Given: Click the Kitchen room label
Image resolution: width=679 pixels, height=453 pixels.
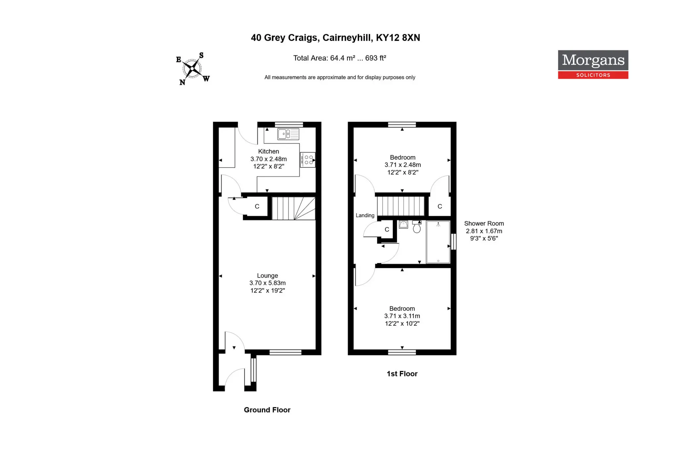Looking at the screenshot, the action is point(269,152).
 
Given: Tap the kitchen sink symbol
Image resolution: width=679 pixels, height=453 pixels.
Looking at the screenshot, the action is point(288,134).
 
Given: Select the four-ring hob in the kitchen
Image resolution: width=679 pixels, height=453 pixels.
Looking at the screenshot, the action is point(308,160).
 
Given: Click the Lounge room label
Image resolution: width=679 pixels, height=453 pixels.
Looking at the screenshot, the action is point(268,276).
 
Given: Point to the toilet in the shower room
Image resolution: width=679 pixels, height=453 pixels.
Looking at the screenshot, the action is point(417,227).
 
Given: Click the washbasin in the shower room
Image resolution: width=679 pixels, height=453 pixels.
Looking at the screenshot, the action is point(403,225).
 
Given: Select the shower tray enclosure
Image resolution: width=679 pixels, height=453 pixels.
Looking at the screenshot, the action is point(438,242).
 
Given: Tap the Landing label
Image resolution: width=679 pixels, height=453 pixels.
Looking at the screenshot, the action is point(365,215).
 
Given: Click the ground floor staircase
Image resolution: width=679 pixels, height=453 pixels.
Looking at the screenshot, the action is point(293,208).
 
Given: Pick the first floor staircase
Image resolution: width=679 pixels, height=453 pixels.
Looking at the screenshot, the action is point(401,206).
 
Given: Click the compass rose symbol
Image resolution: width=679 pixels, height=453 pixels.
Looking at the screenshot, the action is point(192,69).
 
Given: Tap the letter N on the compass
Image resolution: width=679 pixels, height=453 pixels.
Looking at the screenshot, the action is point(182,82).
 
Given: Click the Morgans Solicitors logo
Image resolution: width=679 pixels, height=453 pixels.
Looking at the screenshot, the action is point(593,64).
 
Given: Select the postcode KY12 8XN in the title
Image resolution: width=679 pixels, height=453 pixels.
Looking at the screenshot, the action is point(398,38).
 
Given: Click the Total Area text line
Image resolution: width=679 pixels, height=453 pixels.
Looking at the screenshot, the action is point(339,58).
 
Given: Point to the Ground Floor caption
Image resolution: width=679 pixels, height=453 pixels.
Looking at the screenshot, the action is point(267,410).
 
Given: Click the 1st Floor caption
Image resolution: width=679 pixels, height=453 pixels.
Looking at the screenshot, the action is point(402,374).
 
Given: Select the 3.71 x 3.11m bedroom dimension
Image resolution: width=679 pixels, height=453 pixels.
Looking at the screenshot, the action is point(402,316).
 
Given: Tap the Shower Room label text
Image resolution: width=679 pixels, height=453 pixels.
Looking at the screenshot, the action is point(484,224).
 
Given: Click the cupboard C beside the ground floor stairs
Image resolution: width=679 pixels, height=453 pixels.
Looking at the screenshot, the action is point(257,207).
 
